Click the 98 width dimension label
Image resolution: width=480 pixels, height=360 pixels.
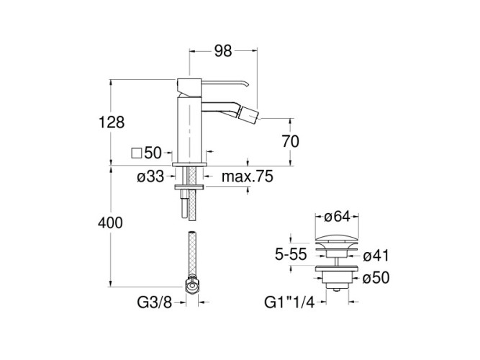click(223, 51)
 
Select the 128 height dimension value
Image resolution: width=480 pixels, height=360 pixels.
click(112, 122)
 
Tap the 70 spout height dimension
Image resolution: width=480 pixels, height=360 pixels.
click(290, 142)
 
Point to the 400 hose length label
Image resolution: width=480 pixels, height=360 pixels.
click(110, 222)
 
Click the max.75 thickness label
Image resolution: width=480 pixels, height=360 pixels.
click(248, 176)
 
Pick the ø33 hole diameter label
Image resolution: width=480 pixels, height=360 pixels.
click(150, 177)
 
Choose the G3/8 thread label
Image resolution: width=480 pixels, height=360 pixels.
click(154, 302)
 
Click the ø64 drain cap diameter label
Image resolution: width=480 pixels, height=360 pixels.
click(337, 217)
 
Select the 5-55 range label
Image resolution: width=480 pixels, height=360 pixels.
click(291, 254)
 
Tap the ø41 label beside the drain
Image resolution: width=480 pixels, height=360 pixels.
click(376, 256)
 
